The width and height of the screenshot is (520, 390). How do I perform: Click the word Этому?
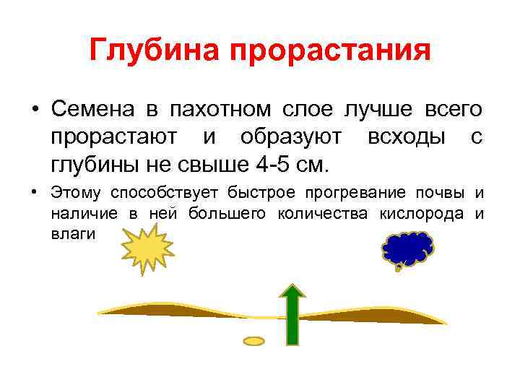(x=76, y=192)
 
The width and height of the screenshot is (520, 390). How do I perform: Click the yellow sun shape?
(x=148, y=248)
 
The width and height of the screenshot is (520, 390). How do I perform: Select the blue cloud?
(x=407, y=249)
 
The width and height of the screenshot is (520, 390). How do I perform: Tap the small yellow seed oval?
(x=254, y=339)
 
